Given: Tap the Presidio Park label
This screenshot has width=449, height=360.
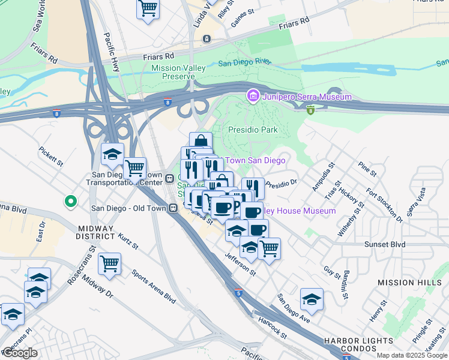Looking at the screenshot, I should click(253, 130).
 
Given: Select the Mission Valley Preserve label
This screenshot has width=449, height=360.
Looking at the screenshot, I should click(178, 72).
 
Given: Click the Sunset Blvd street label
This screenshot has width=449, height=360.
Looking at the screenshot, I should click(385, 244).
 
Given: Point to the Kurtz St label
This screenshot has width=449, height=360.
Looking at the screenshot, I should click(128, 242).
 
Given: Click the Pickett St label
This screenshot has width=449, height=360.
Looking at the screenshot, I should click(51, 155).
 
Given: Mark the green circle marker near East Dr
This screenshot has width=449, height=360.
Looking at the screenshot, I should click(71, 202).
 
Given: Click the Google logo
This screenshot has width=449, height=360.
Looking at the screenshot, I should click(20, 353).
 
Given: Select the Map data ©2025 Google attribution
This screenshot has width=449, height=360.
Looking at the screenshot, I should click(411, 355).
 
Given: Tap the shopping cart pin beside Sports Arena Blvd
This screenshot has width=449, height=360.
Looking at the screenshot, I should click(110, 263).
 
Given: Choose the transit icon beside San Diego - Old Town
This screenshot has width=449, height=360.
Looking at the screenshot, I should click(172, 208).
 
